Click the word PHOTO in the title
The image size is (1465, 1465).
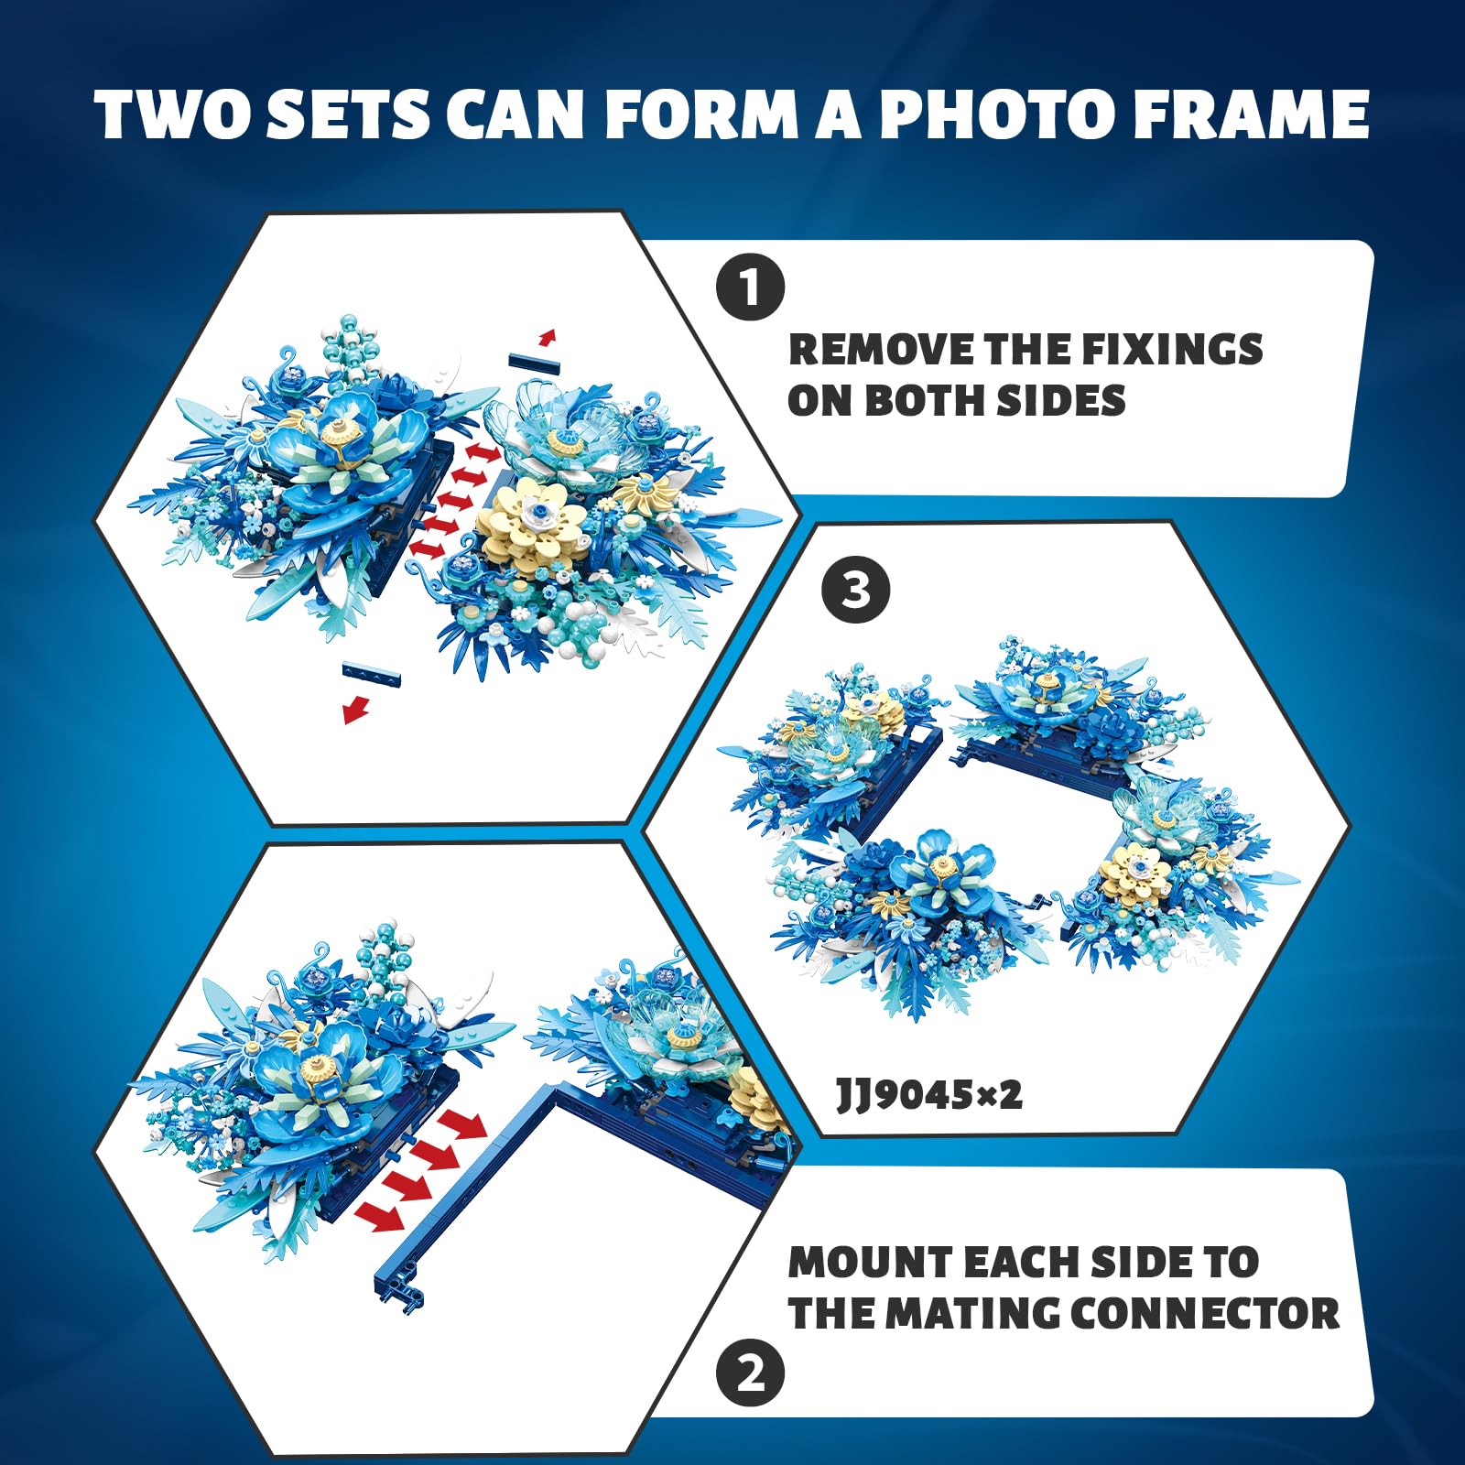tap(980, 114)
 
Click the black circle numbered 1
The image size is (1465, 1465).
tap(751, 288)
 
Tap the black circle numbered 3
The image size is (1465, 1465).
tap(855, 590)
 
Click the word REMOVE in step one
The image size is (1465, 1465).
tap(880, 350)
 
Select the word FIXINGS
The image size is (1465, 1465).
tap(1172, 350)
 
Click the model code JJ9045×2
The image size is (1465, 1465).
tap(929, 1094)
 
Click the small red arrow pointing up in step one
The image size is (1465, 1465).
tap(547, 337)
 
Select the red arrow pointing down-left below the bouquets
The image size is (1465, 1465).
tap(356, 709)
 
